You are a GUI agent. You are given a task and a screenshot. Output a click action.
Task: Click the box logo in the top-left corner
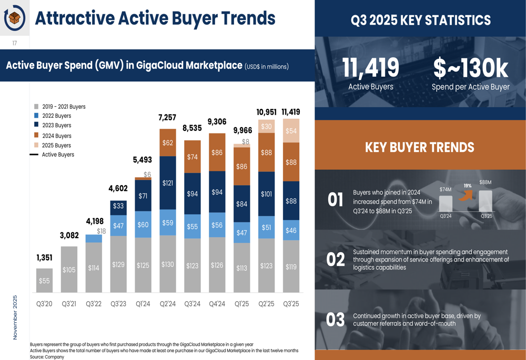coord(15,18)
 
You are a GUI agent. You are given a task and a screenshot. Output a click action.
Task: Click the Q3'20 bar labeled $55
coord(44,280)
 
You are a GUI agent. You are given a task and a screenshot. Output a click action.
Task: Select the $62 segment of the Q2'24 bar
coord(168,142)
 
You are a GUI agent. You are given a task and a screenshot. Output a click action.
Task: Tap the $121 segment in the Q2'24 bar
coord(168,183)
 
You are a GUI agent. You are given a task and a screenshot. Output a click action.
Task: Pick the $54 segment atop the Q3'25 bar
coord(291,131)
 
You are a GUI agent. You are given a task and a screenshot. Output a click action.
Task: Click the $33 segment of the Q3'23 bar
coord(118,207)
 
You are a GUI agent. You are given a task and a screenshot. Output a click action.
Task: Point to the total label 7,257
coord(167,117)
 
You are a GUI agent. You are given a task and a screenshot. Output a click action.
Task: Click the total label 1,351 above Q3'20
coord(44,258)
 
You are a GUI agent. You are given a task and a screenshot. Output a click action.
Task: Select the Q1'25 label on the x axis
coord(242,304)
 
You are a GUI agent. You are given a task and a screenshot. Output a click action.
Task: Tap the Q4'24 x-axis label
coord(217,304)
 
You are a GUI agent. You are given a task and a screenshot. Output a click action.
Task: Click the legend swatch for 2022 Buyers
coord(36,116)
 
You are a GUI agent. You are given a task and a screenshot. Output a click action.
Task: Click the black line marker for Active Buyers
coord(34,155)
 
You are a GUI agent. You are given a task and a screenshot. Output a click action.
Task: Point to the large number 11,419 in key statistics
coord(371,68)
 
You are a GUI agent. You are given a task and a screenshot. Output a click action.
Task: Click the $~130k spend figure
coord(470,68)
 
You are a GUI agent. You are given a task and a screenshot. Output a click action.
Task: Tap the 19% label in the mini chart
coord(467,186)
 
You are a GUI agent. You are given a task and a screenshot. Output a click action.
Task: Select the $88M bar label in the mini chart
coord(486,182)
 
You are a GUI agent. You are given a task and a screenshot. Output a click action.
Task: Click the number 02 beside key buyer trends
coord(336,260)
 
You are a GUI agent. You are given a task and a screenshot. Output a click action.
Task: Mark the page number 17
coord(15,43)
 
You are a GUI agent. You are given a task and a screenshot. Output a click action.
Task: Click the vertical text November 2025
coord(15,316)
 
